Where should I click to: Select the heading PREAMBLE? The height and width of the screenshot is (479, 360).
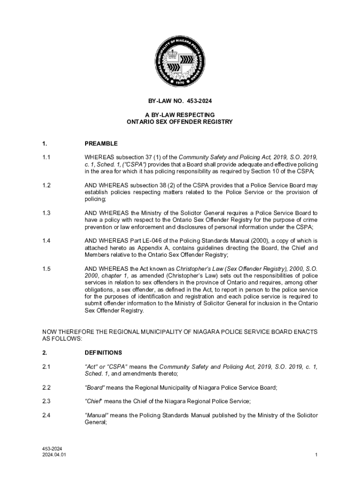(x=101, y=144)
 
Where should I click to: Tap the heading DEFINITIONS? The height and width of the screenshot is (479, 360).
(x=103, y=353)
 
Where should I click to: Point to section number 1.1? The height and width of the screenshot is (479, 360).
(x=46, y=158)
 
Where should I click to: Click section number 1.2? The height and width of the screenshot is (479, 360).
(x=46, y=186)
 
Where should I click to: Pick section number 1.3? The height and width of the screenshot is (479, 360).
(x=46, y=213)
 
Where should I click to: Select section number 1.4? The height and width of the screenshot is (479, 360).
(x=46, y=241)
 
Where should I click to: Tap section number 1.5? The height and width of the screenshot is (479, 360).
(x=46, y=269)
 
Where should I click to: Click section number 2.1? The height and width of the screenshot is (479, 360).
(x=46, y=367)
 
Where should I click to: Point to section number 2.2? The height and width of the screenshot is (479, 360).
(x=46, y=387)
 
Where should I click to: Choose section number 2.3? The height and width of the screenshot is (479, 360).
(x=46, y=401)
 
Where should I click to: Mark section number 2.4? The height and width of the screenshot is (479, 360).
(x=46, y=415)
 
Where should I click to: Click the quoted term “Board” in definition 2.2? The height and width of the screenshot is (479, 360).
(x=95, y=387)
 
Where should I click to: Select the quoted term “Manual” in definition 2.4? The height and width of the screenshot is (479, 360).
(x=97, y=415)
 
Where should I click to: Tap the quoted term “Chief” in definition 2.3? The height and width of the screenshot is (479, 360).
(x=94, y=401)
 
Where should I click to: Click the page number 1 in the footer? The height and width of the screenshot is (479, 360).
(x=317, y=455)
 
